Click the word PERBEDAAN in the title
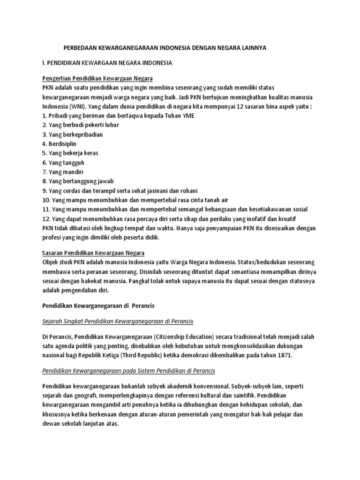[80, 48]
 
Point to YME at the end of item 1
[186, 115]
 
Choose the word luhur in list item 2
[111, 125]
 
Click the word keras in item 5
[90, 153]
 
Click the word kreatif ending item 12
[286, 218]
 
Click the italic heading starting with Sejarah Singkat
[118, 321]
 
